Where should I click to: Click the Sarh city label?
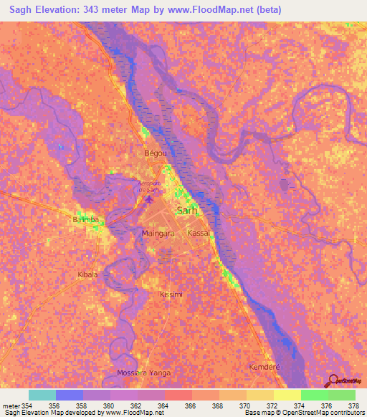click(x=186, y=211)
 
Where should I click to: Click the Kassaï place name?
click(x=198, y=234)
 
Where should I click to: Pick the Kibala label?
click(x=87, y=274)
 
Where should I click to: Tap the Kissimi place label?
click(x=171, y=295)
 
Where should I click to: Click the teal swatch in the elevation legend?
click(x=42, y=395)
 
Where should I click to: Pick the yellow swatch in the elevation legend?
click(x=259, y=395)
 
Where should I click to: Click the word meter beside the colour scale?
click(x=11, y=406)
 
